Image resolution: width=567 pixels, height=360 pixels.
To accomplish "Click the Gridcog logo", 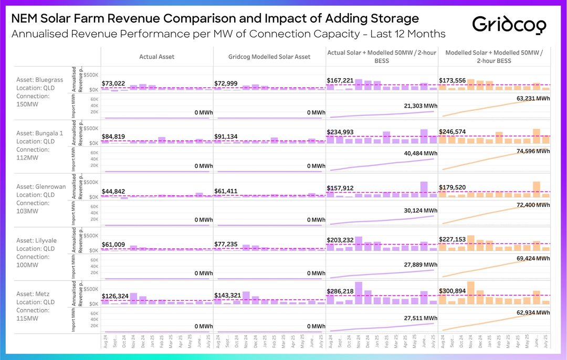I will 509,24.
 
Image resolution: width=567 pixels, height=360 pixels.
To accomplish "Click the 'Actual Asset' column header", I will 156,57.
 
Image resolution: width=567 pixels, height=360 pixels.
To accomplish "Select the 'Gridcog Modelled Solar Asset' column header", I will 269,57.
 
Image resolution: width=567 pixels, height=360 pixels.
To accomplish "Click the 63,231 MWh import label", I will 532,98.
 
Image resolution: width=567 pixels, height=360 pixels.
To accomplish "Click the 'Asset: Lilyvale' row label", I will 39,240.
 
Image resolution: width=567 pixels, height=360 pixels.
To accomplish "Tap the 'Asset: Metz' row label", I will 35,294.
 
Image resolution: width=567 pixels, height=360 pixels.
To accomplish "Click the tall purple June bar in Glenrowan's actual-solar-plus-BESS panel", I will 424,189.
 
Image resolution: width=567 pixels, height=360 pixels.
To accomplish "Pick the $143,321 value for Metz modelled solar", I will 228,295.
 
